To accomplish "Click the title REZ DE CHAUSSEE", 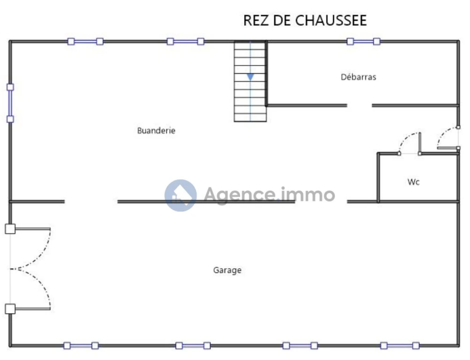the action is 305,20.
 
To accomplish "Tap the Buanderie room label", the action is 156,130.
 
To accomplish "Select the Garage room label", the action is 227,270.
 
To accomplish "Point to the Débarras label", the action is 358,77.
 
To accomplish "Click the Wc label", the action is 413,182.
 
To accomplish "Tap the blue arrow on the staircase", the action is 250,77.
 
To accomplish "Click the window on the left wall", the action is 10,103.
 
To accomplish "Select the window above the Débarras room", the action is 363,41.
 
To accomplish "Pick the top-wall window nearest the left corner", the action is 85,41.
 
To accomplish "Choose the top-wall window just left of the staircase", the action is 186,41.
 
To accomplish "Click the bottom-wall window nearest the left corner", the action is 81,345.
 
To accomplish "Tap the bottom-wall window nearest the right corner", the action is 400,345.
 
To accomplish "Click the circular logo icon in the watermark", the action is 181,195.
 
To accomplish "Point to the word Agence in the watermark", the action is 239,195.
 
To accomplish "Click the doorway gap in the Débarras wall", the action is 359,105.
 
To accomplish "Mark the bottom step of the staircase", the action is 250,118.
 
